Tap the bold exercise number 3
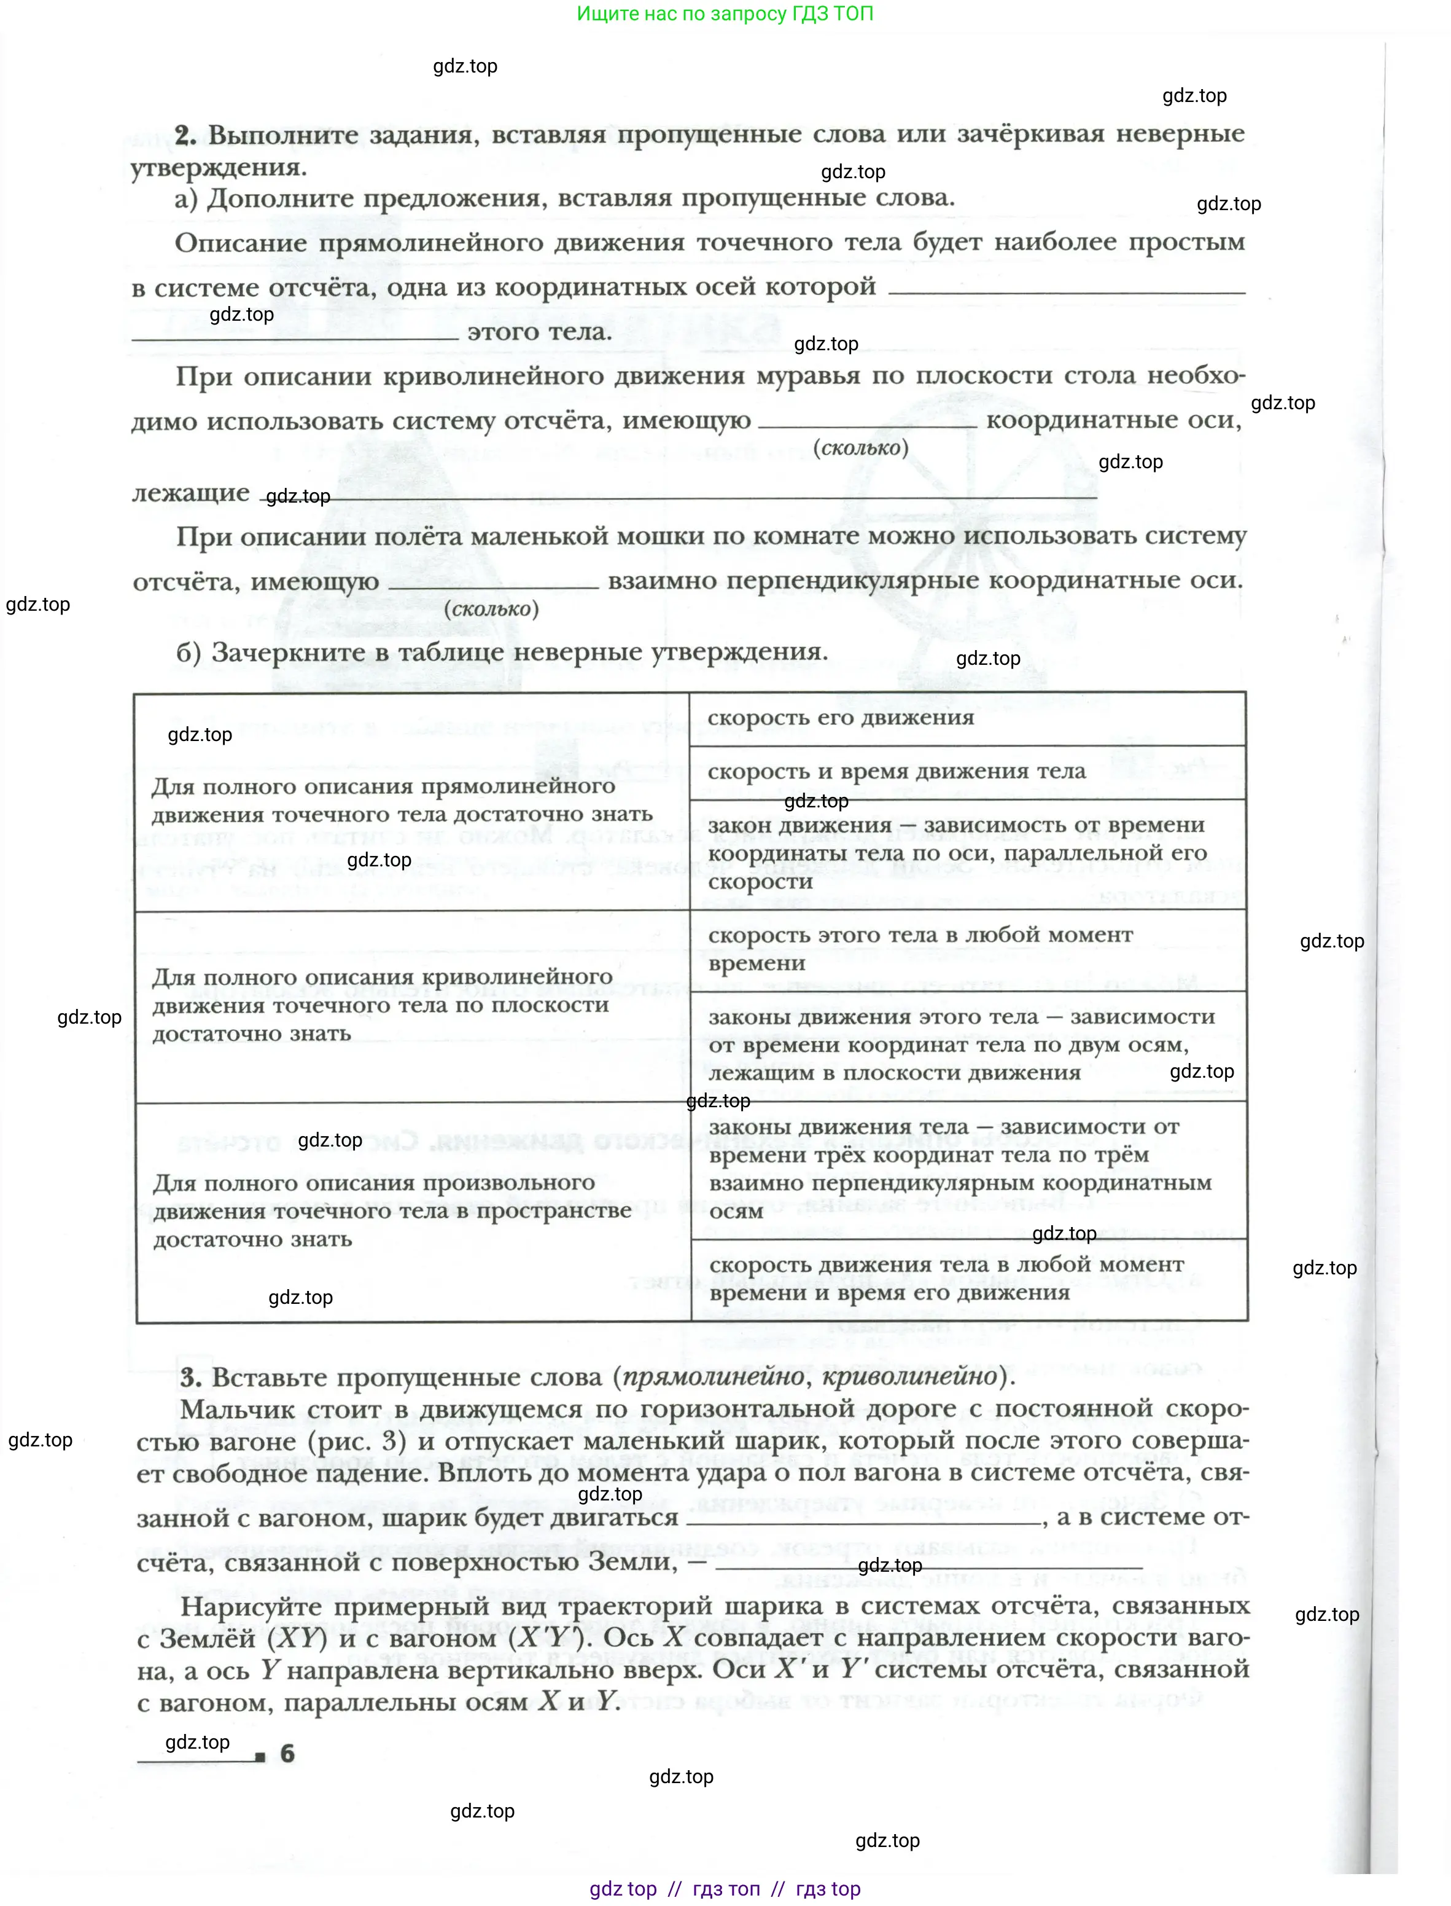click(x=190, y=1376)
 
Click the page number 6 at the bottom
click(x=287, y=1753)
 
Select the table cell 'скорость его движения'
click(x=967, y=718)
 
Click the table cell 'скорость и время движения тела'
click(x=967, y=772)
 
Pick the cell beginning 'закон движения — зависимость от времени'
click(x=967, y=853)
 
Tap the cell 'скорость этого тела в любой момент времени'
click(x=967, y=949)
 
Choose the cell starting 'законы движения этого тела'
click(x=967, y=1045)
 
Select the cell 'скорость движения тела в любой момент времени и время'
click(x=967, y=1278)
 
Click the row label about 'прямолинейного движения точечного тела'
click(x=402, y=800)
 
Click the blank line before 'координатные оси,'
click(x=867, y=423)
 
